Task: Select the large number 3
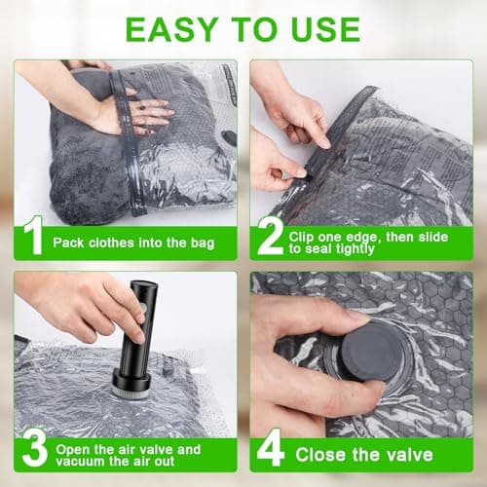coord(31,449)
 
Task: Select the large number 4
coord(270,451)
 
